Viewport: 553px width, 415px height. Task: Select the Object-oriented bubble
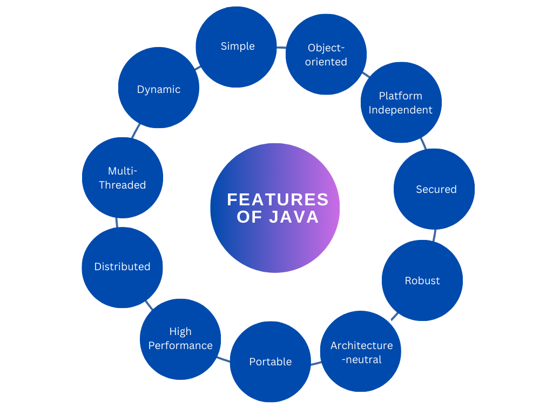pos(326,54)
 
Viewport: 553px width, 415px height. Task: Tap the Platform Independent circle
pos(401,102)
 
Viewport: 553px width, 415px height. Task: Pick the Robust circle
pos(422,280)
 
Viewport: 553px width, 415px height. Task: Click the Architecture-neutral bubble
pos(361,351)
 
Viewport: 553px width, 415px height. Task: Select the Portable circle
pos(270,362)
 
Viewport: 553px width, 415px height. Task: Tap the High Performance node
pos(180,339)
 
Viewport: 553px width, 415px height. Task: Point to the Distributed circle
pos(122,267)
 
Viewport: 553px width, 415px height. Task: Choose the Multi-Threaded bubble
pos(122,177)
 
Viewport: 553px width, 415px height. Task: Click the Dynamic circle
pos(158,88)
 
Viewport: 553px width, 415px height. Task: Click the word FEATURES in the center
pos(278,199)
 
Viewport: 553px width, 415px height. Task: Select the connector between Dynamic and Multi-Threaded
pos(136,131)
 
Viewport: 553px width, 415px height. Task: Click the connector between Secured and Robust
pos(434,235)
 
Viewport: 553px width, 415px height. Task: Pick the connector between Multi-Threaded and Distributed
pos(117,222)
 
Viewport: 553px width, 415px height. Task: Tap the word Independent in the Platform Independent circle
pos(401,110)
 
